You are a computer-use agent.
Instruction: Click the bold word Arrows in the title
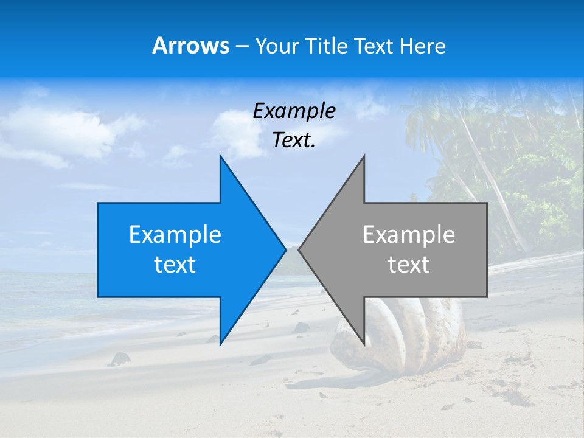(x=190, y=46)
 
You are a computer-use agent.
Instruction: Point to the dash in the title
(x=241, y=47)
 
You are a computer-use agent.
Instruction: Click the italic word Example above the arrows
(x=294, y=111)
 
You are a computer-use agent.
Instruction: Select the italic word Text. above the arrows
(x=294, y=141)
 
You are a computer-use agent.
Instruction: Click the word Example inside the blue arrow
(x=175, y=235)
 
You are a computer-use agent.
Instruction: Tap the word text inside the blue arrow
(x=175, y=265)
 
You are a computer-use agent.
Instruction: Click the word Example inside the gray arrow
(x=409, y=235)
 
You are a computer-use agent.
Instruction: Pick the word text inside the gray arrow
(x=409, y=265)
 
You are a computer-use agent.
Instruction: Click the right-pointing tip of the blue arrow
(x=285, y=249)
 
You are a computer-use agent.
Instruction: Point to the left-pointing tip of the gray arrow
(x=299, y=249)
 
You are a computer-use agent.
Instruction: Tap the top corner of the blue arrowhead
(x=221, y=156)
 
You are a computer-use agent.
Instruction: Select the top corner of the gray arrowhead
(x=364, y=156)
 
